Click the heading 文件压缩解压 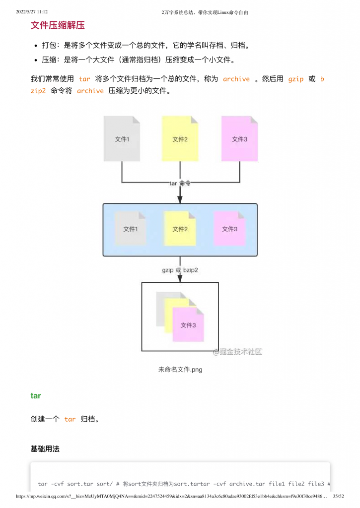click(x=58, y=26)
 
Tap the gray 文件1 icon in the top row click(x=122, y=138)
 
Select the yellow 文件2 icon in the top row click(x=180, y=138)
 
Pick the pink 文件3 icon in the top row click(x=239, y=138)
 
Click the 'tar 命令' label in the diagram click(x=180, y=183)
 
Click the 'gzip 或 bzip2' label click(x=180, y=270)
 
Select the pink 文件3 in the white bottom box click(x=188, y=324)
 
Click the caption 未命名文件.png click(x=180, y=369)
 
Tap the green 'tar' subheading click(x=36, y=396)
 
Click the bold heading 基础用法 click(x=45, y=449)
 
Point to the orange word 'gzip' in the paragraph click(x=296, y=79)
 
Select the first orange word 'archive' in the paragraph click(x=236, y=79)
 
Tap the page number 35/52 click(x=338, y=496)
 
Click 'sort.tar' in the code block click(x=80, y=484)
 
